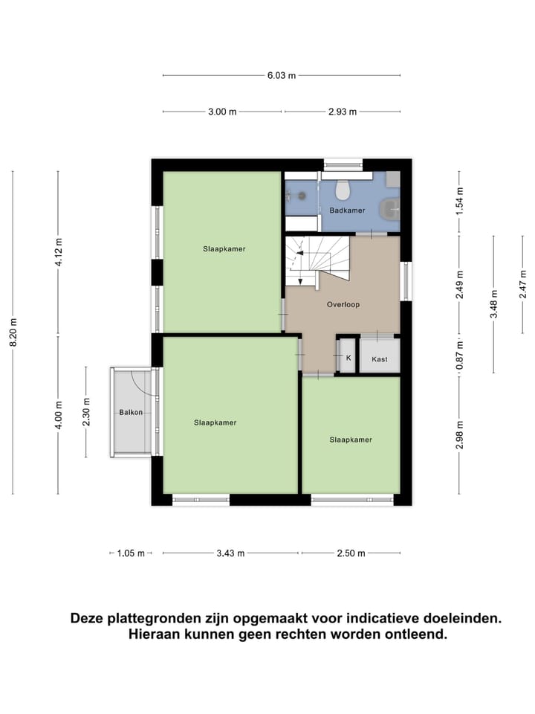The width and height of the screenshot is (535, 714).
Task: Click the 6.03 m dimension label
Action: (282, 75)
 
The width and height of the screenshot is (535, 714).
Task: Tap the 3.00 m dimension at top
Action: (222, 112)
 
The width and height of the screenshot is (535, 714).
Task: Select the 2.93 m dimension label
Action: (343, 112)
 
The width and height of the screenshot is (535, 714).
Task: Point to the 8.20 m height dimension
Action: (13, 331)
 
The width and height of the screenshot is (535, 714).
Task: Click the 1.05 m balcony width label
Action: (130, 553)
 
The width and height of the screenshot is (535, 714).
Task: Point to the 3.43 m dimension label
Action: (232, 553)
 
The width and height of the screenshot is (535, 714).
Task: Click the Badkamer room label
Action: (347, 210)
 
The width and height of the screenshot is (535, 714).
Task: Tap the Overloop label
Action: (343, 305)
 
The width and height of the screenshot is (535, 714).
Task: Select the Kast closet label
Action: (380, 359)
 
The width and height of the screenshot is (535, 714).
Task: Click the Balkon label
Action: (131, 412)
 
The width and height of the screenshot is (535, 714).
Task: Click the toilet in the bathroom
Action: (343, 190)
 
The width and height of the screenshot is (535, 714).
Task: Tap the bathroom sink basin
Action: (389, 210)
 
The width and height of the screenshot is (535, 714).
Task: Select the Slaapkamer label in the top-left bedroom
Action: (224, 249)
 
